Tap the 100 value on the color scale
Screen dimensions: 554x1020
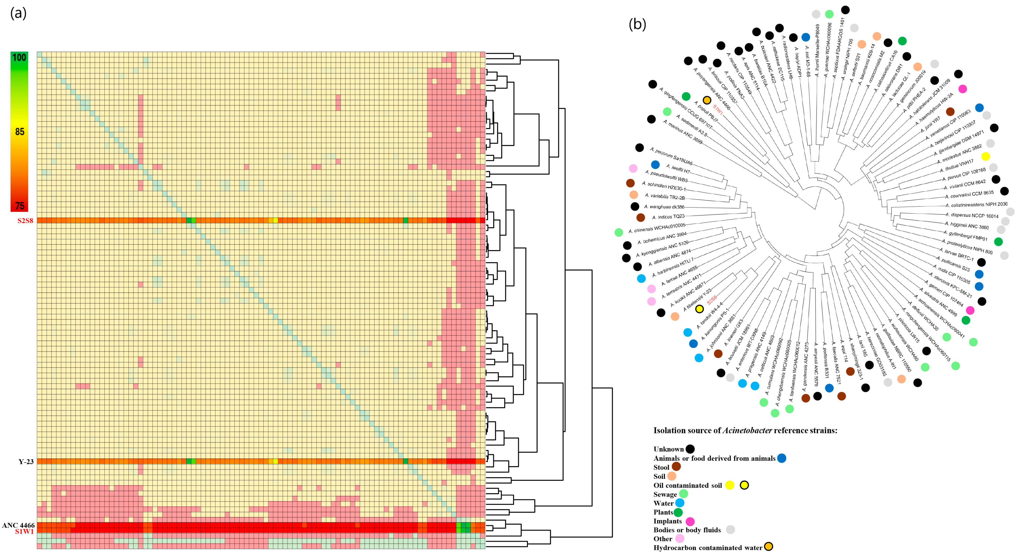click(19, 58)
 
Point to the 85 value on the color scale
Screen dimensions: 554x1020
click(19, 132)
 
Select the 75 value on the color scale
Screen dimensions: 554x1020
click(19, 206)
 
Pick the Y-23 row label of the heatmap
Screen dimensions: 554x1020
click(26, 462)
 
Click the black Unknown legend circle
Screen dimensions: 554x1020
click(690, 449)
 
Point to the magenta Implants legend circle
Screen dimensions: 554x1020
click(690, 521)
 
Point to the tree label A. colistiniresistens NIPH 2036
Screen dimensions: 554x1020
click(976, 205)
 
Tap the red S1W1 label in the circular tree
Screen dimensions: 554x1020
click(717, 109)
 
